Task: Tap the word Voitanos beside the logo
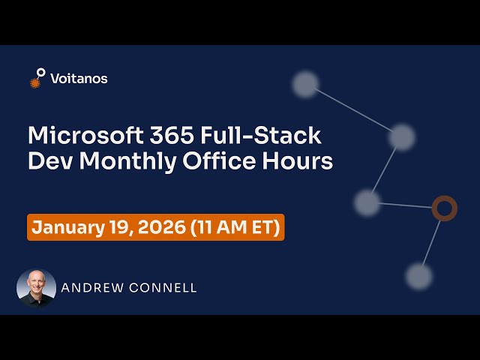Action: click(x=79, y=78)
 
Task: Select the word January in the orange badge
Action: click(x=69, y=227)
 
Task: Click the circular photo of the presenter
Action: click(x=36, y=288)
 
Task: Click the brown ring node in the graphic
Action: click(x=444, y=208)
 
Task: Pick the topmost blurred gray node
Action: click(x=305, y=84)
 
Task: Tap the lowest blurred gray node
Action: click(x=418, y=276)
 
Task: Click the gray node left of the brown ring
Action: click(x=367, y=202)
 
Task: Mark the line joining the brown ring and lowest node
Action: click(x=431, y=241)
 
